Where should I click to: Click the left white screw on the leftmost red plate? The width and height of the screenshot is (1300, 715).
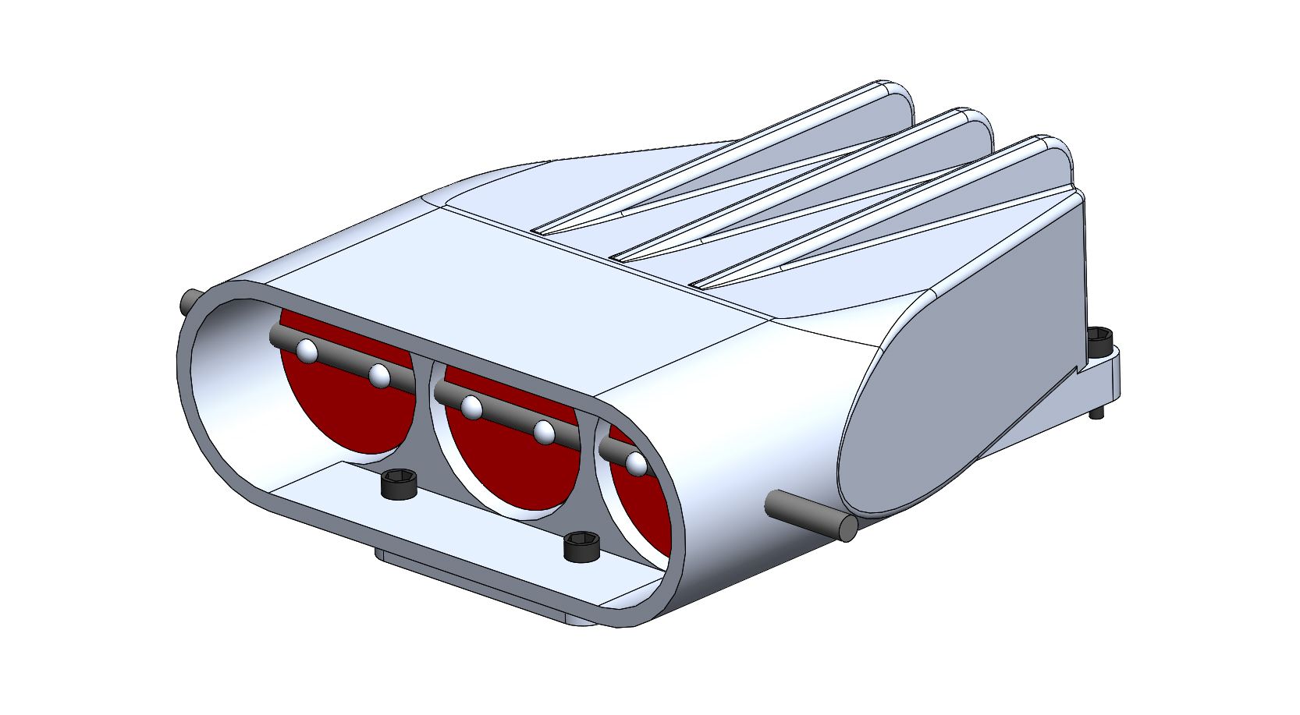click(307, 352)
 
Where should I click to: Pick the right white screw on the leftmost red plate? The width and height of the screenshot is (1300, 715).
click(380, 376)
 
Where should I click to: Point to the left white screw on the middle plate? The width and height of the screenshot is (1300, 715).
click(471, 406)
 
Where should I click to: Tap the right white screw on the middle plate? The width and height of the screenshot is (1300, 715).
click(545, 431)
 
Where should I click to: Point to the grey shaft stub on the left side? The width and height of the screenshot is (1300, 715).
click(190, 301)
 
